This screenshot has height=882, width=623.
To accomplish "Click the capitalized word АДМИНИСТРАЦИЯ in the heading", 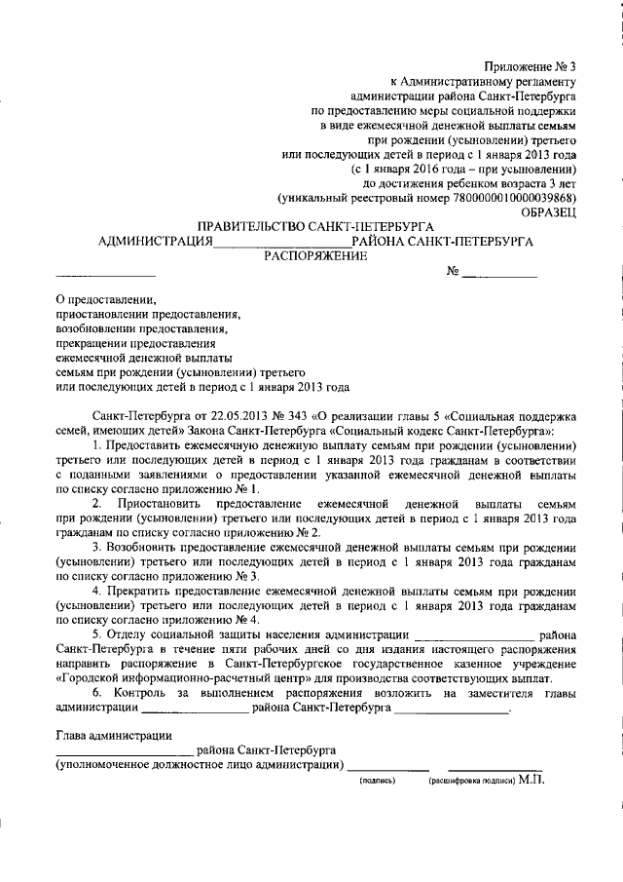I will tap(156, 242).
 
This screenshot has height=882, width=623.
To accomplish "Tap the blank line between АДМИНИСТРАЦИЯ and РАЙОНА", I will tap(281, 244).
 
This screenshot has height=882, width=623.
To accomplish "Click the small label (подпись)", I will tap(378, 782).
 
